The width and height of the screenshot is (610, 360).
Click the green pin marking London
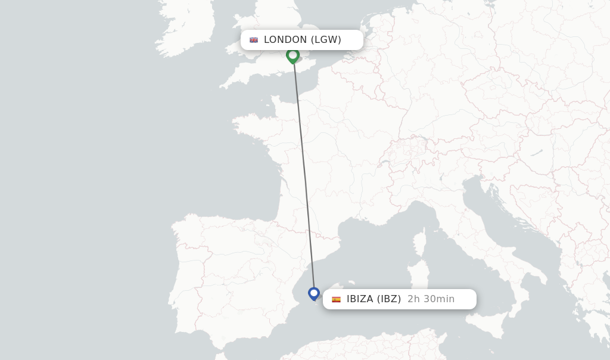[x=292, y=55]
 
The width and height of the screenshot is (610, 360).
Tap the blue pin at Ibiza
[x=314, y=293]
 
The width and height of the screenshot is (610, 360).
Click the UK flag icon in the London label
[x=254, y=40]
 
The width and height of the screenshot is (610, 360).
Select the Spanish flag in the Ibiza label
[x=336, y=299]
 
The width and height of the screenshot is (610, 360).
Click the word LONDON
[x=285, y=40]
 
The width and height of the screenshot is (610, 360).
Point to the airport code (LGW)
[x=326, y=40]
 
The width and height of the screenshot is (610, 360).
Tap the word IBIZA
[x=360, y=299]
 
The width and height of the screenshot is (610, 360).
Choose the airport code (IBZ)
[x=388, y=299]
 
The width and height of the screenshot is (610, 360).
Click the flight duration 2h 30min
[x=431, y=299]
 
